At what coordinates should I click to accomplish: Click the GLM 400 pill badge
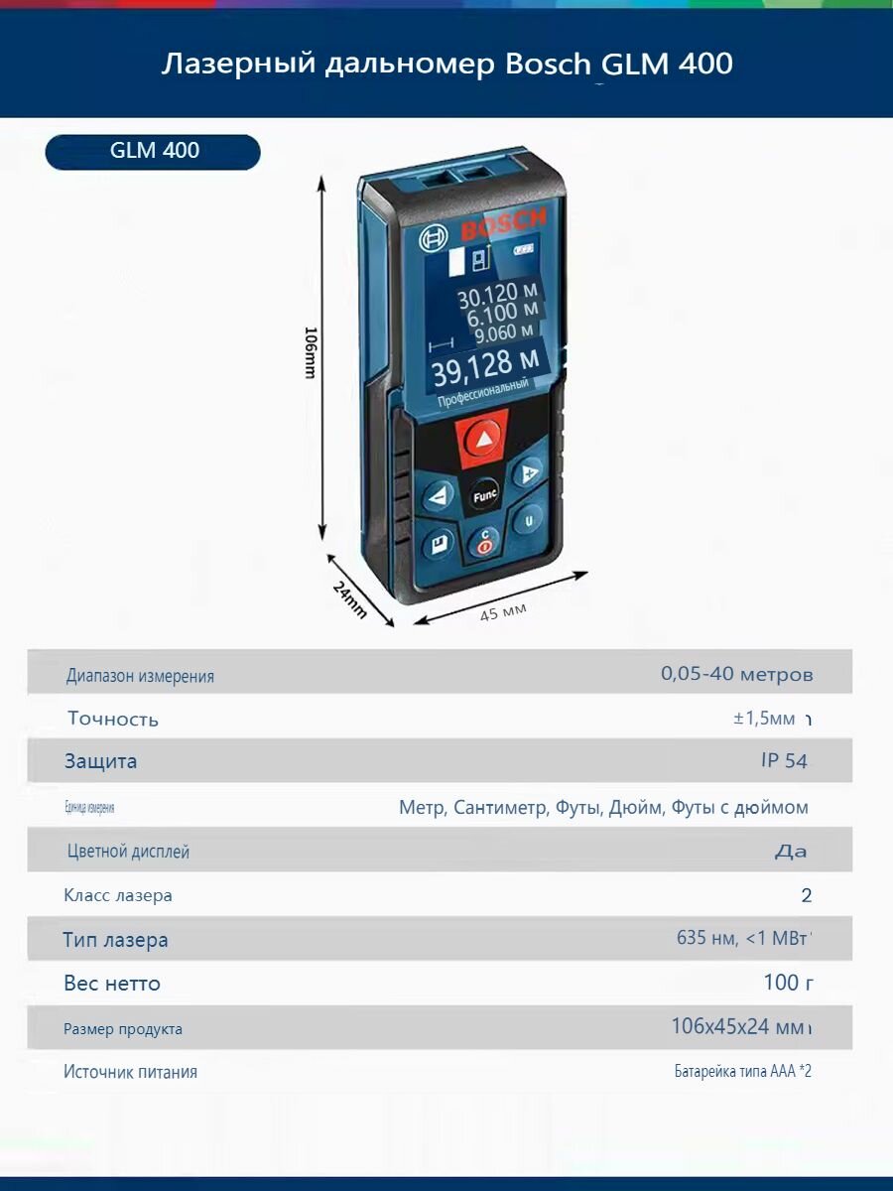tap(153, 151)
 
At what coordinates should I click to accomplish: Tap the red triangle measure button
tap(483, 438)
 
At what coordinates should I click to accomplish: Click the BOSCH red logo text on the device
tap(501, 224)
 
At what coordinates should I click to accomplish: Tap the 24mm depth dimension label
tap(349, 600)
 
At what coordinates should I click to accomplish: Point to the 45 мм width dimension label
tap(503, 612)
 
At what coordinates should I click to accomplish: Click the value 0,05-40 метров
tap(736, 675)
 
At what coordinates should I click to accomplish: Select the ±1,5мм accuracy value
tap(765, 719)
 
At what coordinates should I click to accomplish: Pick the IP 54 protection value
tap(783, 761)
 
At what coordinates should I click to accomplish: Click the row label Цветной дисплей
tap(128, 852)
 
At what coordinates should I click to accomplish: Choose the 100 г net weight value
tap(788, 983)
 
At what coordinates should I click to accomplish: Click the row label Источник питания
tap(130, 1072)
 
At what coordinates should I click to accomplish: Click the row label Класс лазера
tap(118, 895)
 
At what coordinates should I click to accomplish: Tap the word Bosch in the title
tap(549, 66)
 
